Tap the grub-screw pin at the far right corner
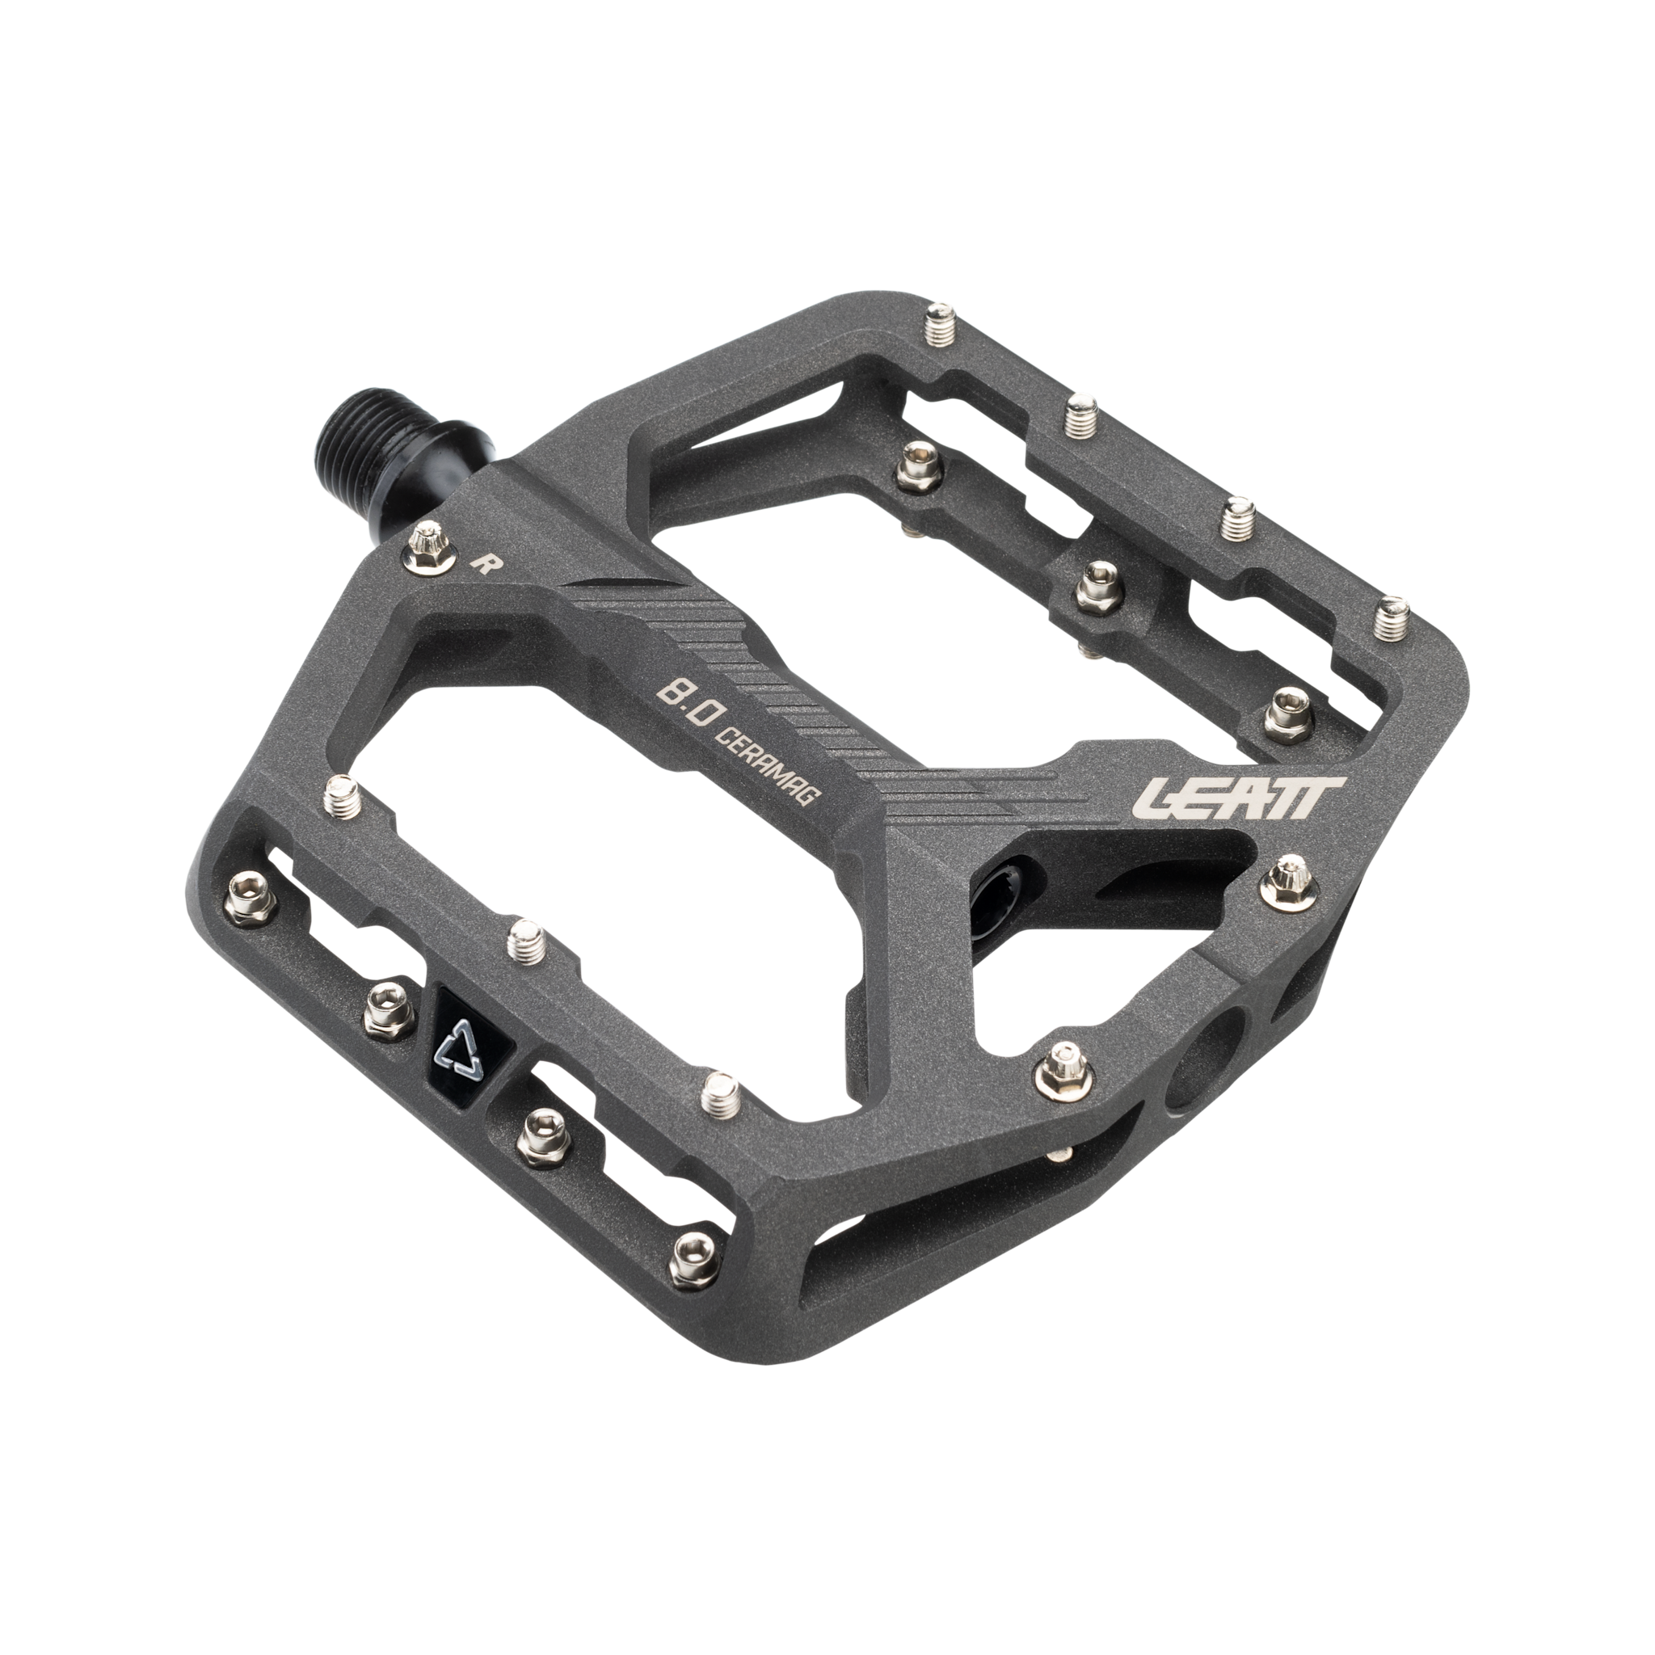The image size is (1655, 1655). click(x=1396, y=619)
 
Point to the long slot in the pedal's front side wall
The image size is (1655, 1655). click(x=899, y=1268)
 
